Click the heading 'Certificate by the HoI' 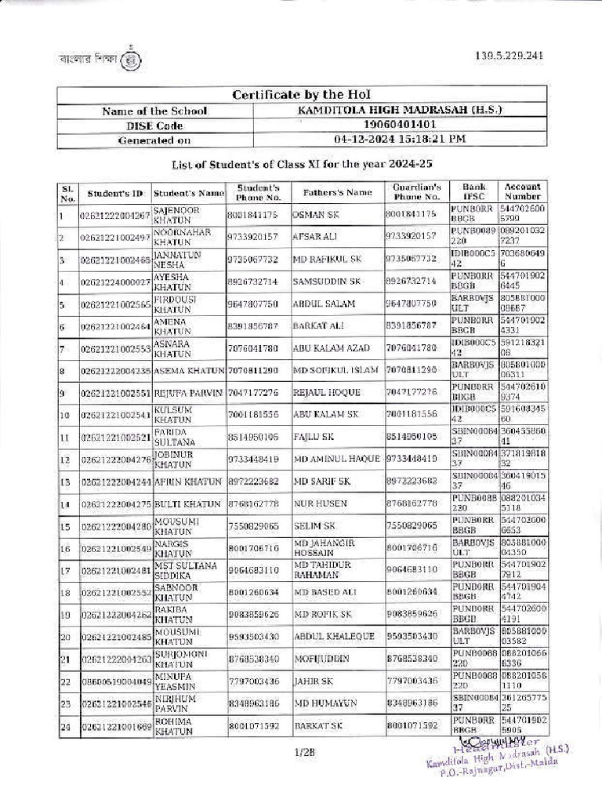pyautogui.click(x=300, y=95)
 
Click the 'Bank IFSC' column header pyautogui.click(x=473, y=192)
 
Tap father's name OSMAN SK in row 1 pyautogui.click(x=314, y=214)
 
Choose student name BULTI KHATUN pyautogui.click(x=184, y=503)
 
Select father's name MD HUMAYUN pyautogui.click(x=321, y=704)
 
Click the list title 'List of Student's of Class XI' pyautogui.click(x=302, y=165)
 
